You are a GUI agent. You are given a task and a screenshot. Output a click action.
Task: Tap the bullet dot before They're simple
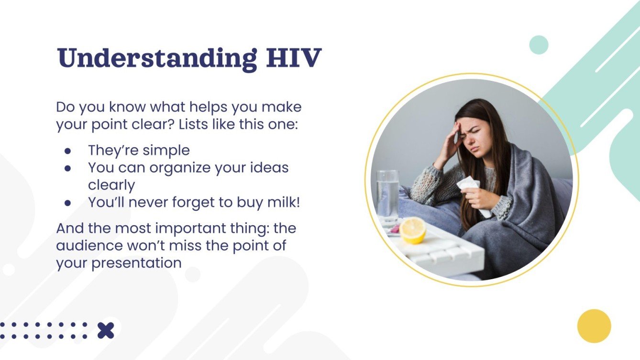coord(68,151)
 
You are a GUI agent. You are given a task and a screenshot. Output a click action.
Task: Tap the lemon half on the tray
coord(412,230)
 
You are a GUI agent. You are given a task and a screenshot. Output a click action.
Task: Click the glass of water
coord(387,196)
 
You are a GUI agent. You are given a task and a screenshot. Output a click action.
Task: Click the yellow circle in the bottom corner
coord(594,326)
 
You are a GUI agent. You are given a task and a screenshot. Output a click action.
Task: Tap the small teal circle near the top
coord(539,45)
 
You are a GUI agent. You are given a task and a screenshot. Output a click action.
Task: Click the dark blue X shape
coord(106,330)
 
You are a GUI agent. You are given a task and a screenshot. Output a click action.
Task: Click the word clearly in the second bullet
coord(111,185)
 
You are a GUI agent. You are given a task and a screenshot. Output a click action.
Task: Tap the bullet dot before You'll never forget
coord(68,203)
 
